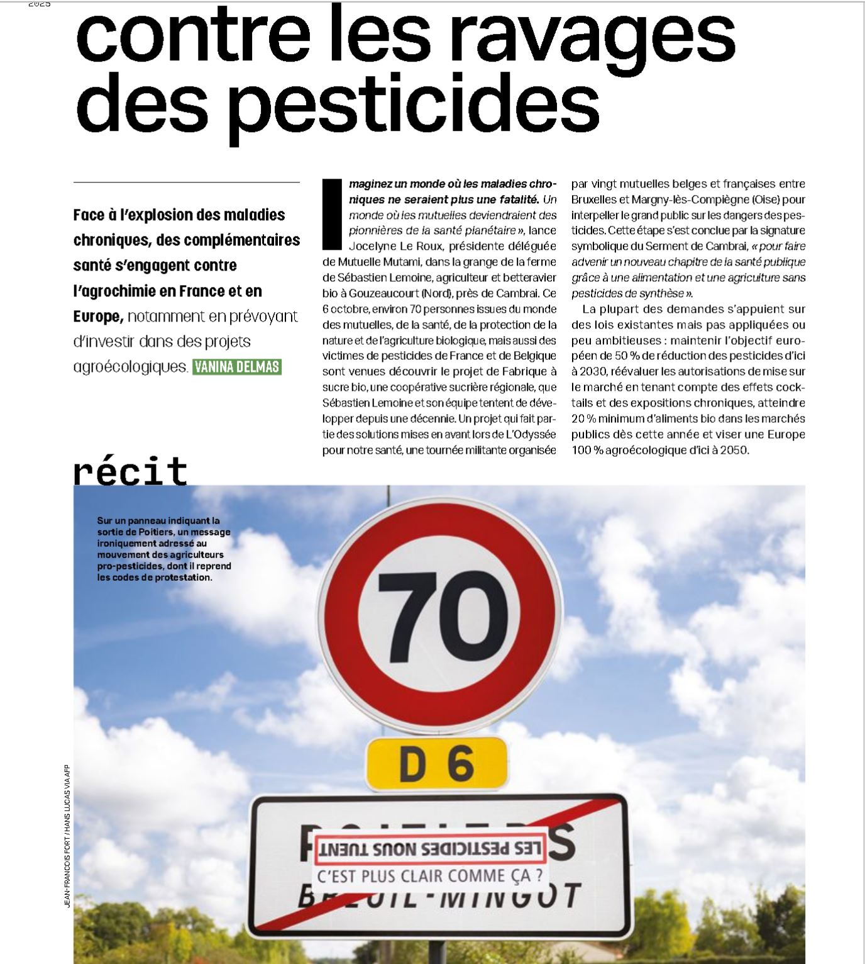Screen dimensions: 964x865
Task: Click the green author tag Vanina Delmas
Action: tap(237, 366)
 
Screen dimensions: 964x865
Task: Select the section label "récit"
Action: tap(131, 471)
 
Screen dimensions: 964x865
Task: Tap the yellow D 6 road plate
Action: tap(437, 763)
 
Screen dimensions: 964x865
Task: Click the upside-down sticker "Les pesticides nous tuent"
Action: tap(429, 848)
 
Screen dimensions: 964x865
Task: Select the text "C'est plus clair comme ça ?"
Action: tap(430, 875)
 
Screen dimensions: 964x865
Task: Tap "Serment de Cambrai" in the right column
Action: tap(700, 246)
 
